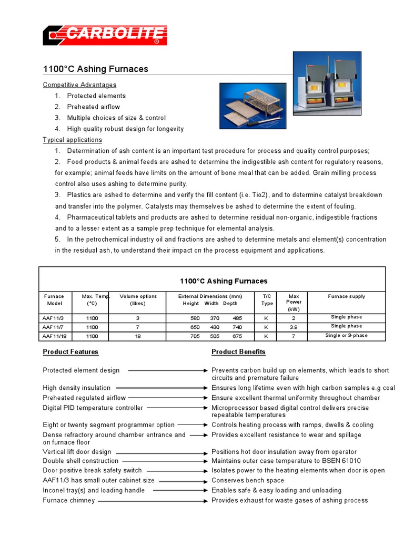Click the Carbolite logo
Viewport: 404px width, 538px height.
(105, 35)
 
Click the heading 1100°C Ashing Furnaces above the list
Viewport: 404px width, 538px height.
(95, 69)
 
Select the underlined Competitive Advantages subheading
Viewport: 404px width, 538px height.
(79, 85)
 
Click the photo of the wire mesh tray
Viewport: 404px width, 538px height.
(252, 106)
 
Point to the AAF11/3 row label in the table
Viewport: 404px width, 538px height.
(53, 318)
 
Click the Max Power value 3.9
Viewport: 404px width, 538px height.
(294, 327)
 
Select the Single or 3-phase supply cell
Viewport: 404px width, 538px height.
(346, 336)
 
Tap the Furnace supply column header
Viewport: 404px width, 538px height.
(346, 296)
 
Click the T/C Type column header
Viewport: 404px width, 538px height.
(267, 300)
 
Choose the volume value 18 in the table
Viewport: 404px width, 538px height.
(138, 336)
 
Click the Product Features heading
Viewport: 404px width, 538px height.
(70, 351)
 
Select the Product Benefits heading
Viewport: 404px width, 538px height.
(238, 351)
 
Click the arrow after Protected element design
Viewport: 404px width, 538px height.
(166, 370)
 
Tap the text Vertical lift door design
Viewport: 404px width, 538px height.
(77, 452)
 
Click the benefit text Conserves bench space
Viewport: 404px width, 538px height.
(247, 480)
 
